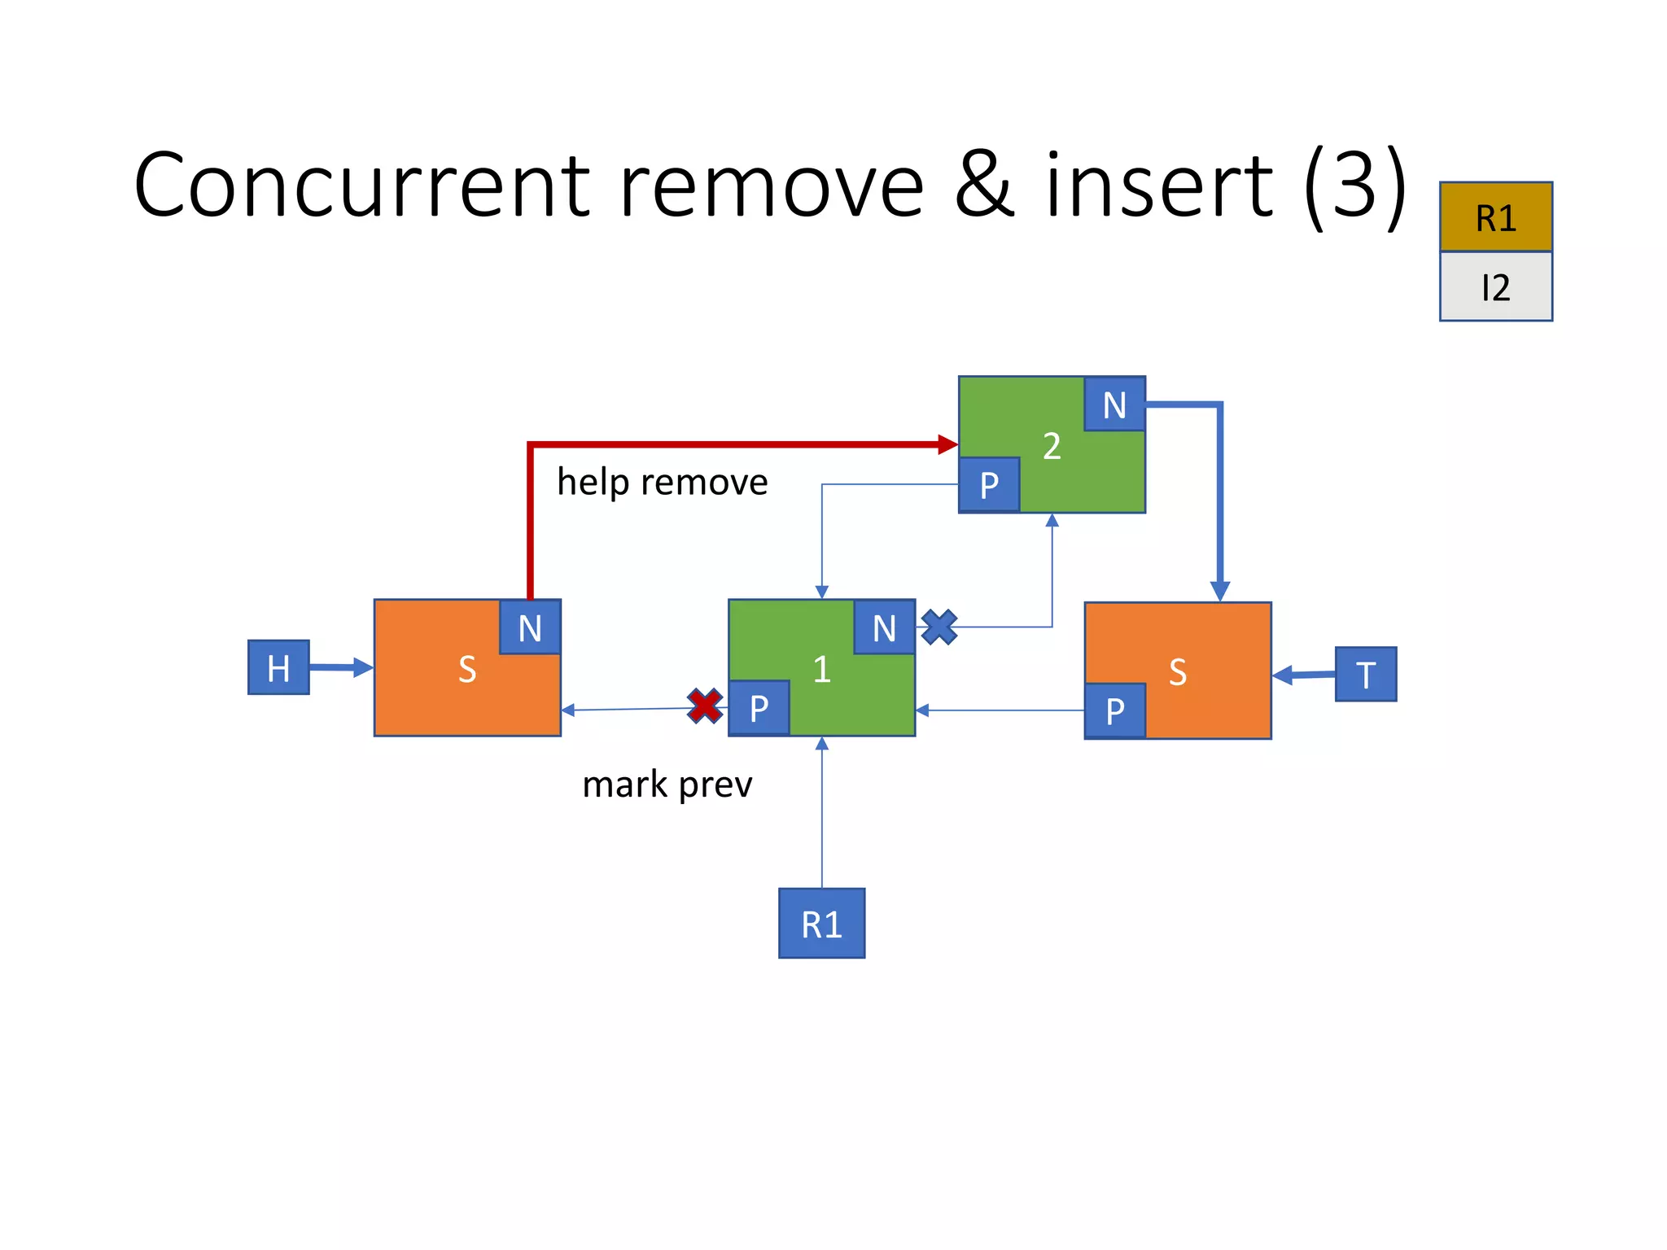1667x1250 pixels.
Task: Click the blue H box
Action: [278, 667]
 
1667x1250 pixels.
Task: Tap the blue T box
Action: [1366, 674]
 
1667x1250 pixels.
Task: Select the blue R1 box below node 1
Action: [821, 924]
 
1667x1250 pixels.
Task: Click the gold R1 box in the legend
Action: [1495, 217]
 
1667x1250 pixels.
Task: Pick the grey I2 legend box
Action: [1495, 286]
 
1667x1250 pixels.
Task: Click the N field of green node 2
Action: [1114, 404]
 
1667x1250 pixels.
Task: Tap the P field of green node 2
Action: [989, 485]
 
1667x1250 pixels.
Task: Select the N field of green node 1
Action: [884, 627]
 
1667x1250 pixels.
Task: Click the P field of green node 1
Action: [759, 708]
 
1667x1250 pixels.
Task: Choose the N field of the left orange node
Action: [530, 627]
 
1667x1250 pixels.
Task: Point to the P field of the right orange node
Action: [1115, 711]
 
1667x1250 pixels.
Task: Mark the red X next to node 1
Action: [705, 706]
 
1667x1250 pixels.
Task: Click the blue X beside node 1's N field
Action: [939, 627]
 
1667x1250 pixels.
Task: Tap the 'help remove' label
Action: [662, 482]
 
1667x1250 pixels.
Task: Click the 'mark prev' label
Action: [667, 785]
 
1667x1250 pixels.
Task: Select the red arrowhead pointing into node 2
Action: [947, 444]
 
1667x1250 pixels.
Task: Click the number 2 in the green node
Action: [1052, 446]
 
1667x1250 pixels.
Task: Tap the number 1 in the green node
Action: [821, 669]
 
